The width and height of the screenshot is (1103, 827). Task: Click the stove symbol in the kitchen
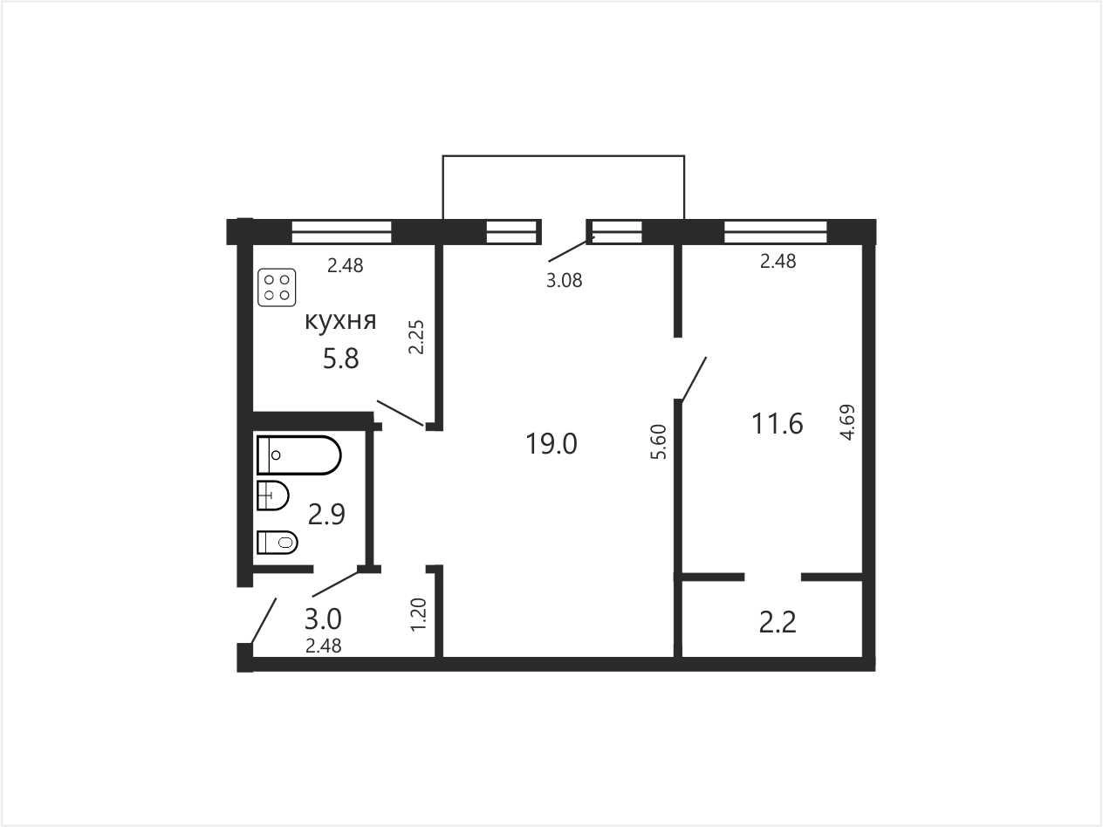277,288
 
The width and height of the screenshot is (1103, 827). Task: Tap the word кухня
340,321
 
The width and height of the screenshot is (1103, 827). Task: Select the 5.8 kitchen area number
340,359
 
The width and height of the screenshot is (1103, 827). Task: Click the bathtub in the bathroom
299,455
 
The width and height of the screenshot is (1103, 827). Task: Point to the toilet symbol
277,543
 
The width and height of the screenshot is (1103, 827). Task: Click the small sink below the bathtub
273,496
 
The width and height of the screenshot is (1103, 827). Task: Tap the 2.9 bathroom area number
326,515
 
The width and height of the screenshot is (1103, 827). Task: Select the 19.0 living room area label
551,444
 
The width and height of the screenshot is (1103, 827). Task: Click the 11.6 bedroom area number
778,423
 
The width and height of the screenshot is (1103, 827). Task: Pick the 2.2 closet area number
778,623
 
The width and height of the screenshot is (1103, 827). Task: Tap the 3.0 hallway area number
323,619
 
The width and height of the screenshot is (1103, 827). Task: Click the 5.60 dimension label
659,442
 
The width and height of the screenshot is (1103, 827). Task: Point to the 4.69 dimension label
847,422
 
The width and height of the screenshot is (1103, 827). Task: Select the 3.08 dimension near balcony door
565,281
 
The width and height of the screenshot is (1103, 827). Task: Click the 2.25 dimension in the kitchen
416,338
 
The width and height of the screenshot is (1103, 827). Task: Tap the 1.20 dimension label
419,615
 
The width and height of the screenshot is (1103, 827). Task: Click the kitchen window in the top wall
342,232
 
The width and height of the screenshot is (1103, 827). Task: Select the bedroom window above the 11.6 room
776,232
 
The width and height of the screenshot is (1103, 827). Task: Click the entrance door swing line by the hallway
264,620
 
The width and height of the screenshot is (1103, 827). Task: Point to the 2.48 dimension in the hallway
324,646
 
